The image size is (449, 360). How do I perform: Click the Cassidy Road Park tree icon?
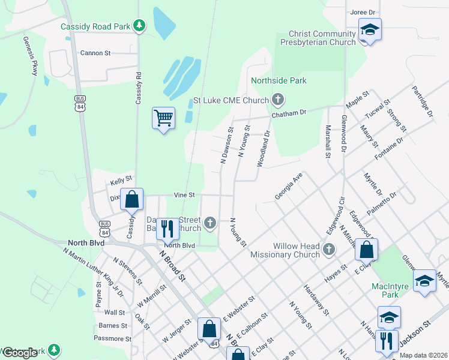coord(139,25)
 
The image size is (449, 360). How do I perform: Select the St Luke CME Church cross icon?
coord(277,99)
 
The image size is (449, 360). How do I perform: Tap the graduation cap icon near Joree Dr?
coord(370,29)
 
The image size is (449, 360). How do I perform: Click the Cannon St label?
coord(95,53)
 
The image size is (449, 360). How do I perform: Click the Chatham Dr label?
coord(289,112)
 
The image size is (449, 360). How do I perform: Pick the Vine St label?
coord(184,195)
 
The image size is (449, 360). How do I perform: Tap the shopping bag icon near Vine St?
coord(132,198)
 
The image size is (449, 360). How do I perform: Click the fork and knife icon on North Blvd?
coord(167,228)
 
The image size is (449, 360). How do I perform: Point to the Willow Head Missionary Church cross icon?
coord(328,249)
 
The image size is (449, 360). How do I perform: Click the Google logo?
coord(19,353)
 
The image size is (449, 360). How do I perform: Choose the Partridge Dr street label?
coord(422,101)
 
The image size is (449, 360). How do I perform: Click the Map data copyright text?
coord(423,355)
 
